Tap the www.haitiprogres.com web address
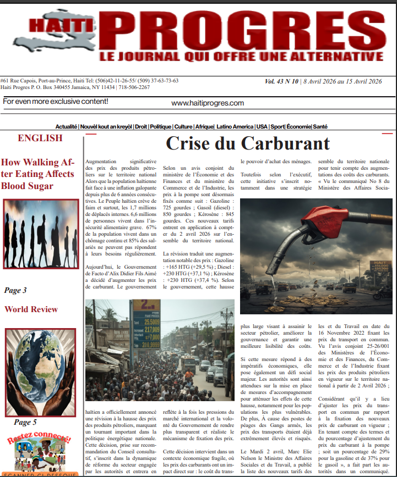point(208,103)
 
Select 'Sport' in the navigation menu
point(278,126)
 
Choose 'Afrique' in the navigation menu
point(204,126)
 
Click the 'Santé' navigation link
point(320,126)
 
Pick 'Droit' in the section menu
point(142,126)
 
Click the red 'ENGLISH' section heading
point(40,138)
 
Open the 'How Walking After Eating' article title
point(37,174)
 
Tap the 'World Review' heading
point(31,309)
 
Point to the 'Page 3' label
point(15,290)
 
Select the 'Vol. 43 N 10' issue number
point(281,81)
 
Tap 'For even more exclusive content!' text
point(55,102)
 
